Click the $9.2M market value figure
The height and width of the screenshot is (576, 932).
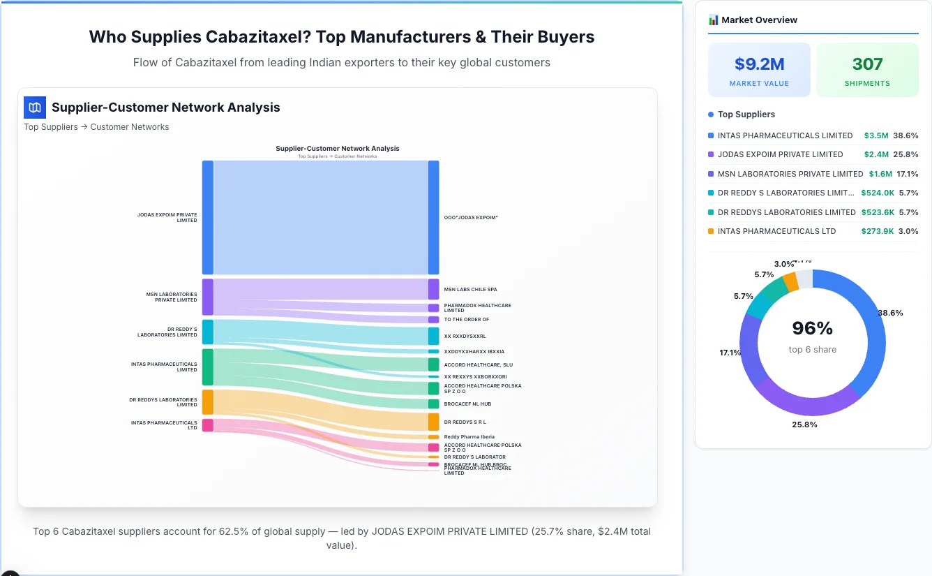[x=759, y=64]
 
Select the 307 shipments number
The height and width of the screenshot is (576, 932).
[x=867, y=64]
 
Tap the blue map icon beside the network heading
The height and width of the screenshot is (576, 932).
[x=35, y=108]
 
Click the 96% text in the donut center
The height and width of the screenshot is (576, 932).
[x=812, y=328]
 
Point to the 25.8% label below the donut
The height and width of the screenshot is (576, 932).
[x=804, y=424]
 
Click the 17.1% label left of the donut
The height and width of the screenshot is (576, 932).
[x=730, y=353]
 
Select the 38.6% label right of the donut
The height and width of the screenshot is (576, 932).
[x=890, y=313]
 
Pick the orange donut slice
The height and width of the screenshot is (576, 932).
[x=790, y=281]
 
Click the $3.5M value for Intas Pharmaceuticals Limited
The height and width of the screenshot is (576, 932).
[x=875, y=135]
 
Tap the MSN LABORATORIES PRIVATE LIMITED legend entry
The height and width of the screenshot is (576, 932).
[x=790, y=174]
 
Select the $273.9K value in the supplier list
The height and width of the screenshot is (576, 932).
[x=878, y=231]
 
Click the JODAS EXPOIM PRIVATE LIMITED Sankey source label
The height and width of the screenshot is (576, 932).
[x=167, y=218]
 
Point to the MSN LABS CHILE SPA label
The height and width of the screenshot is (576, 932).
[x=470, y=289]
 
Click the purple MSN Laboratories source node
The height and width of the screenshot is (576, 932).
[x=207, y=297]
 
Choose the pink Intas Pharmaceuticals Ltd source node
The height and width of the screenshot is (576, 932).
[x=207, y=425]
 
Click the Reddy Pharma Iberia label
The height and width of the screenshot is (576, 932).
[x=469, y=437]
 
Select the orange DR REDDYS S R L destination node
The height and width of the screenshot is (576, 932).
[x=433, y=422]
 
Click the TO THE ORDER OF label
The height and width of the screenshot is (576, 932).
[x=466, y=320]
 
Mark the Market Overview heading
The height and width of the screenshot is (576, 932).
[x=759, y=20]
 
